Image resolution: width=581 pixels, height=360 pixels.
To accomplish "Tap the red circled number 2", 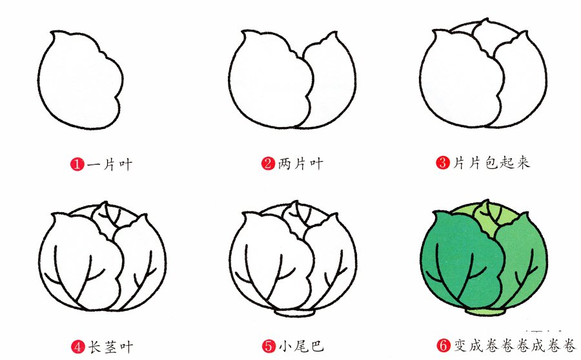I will [x=268, y=164].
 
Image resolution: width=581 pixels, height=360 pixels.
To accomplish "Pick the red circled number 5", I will [x=268, y=347].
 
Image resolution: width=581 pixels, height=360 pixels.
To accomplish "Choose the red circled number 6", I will [x=443, y=347].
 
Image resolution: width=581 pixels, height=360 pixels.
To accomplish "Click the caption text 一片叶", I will [x=110, y=164].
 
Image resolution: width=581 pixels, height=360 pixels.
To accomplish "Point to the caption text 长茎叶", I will [x=110, y=347].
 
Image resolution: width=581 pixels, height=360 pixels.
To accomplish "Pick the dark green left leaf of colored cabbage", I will [x=452, y=258].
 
